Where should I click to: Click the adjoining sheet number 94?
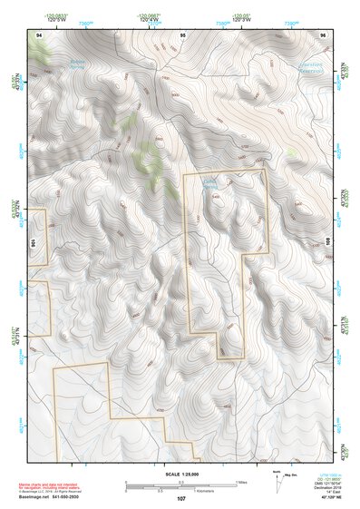click(38, 34)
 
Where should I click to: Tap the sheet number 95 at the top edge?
click(182, 34)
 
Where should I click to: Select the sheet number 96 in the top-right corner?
click(322, 34)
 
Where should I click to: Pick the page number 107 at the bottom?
click(181, 498)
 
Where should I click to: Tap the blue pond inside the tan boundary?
click(209, 186)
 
